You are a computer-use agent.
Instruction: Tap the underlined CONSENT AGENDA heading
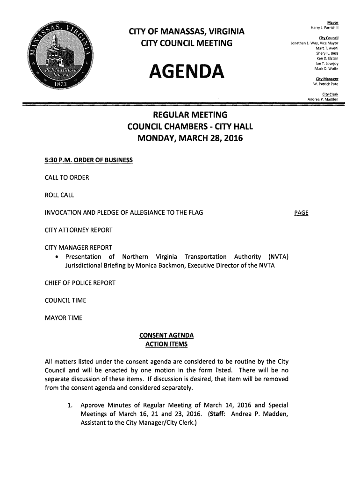click(x=166, y=336)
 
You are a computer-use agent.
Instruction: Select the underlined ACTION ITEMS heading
click(x=166, y=345)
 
